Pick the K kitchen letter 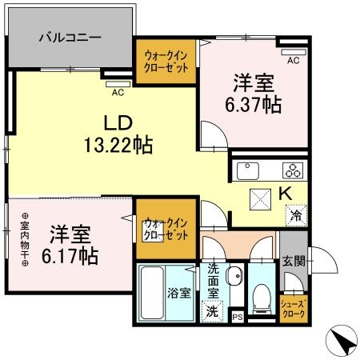click(x=284, y=193)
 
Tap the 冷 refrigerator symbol click(x=295, y=214)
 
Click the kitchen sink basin click(x=246, y=170)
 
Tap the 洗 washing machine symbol click(x=213, y=310)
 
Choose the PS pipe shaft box click(x=237, y=318)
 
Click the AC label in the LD click(x=118, y=92)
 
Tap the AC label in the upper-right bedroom click(x=293, y=59)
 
